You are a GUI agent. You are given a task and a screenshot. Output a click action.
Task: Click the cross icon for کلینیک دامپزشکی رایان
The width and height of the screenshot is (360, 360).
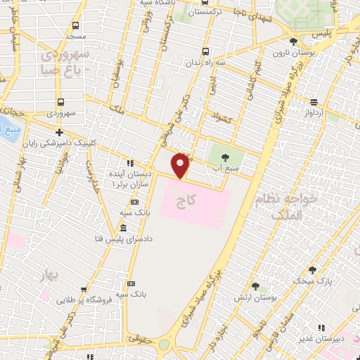60,131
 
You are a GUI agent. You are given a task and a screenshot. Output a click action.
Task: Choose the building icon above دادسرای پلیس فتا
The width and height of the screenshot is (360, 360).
123,228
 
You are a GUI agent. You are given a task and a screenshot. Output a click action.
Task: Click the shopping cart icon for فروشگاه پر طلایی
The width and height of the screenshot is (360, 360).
84,288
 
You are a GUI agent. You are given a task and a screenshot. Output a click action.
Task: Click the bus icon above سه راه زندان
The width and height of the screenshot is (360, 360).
205,51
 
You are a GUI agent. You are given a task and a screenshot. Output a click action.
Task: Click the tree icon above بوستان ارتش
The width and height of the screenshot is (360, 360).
255,286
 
